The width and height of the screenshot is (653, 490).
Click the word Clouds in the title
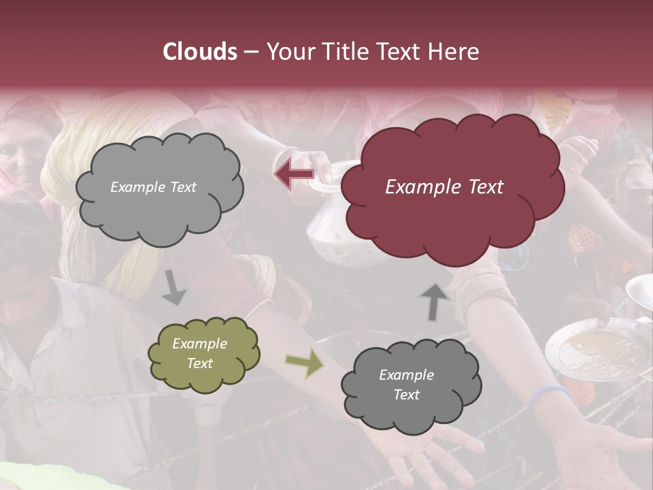click(200, 52)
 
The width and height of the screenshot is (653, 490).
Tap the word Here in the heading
click(453, 52)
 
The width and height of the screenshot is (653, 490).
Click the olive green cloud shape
click(203, 353)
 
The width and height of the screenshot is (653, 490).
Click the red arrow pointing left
click(295, 174)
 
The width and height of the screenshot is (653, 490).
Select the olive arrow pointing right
click(305, 364)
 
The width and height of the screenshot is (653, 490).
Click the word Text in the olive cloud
click(200, 363)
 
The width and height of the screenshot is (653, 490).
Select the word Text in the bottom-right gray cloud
click(407, 395)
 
